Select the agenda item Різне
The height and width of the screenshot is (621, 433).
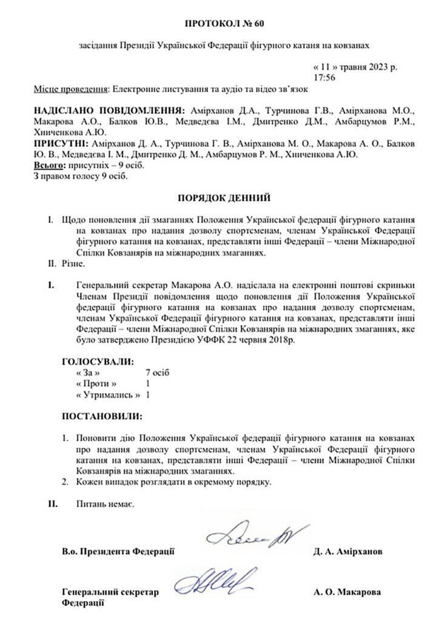coord(74,264)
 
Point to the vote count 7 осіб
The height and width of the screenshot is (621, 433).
coord(157,372)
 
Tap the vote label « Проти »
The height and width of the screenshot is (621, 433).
coord(96,384)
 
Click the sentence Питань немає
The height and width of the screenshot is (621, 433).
coord(106,504)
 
